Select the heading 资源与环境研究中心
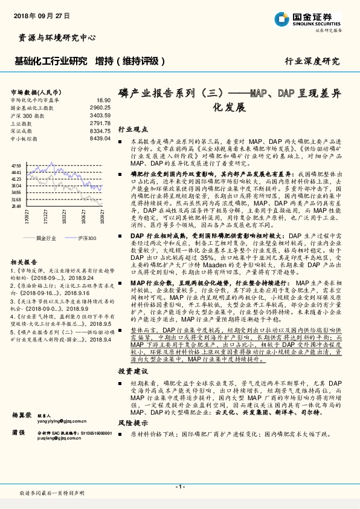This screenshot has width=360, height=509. click(x=54, y=37)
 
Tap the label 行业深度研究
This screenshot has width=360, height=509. click(x=312, y=61)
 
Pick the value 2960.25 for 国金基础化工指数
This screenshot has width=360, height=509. click(x=100, y=108)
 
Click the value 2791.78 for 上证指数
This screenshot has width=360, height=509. click(x=100, y=123)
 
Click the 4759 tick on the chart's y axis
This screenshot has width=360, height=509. click(x=16, y=165)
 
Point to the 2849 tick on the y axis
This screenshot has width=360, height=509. click(x=16, y=206)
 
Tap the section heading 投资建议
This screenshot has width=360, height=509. click(x=133, y=371)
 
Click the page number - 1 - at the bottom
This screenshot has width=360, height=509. click(x=179, y=487)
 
